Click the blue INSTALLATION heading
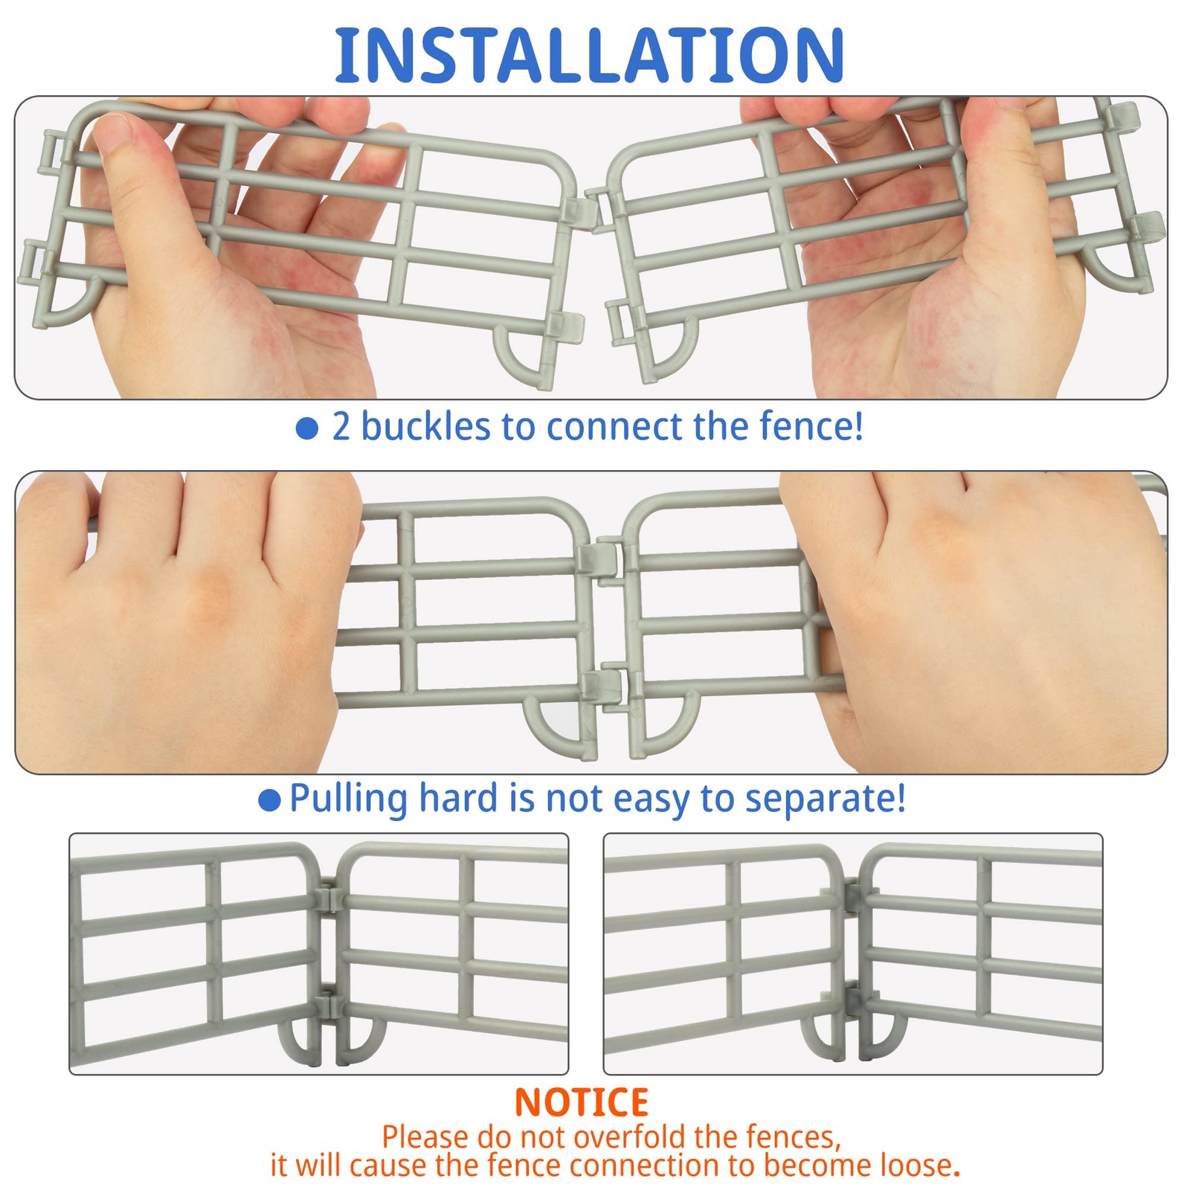(589, 55)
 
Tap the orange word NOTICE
(582, 1102)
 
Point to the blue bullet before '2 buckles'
(307, 428)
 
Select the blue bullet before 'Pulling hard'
(269, 800)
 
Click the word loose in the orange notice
(921, 1165)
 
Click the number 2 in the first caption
(341, 427)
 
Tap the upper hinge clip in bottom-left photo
(329, 897)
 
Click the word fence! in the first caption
(811, 426)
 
